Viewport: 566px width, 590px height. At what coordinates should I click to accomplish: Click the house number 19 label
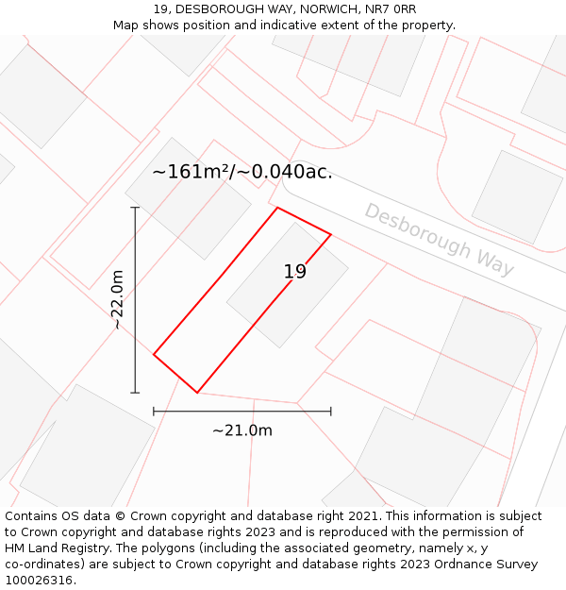point(295,272)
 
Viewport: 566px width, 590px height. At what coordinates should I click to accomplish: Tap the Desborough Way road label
point(440,240)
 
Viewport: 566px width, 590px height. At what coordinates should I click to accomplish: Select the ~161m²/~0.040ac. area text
point(242,172)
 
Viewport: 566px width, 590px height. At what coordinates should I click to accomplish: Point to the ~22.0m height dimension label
point(117,299)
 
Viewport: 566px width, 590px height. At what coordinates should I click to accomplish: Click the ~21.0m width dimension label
point(242,430)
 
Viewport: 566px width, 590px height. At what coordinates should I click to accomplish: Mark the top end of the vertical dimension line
point(135,208)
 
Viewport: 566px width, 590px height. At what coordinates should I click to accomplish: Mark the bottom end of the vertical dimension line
point(135,393)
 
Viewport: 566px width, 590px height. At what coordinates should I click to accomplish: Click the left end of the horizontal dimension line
point(154,412)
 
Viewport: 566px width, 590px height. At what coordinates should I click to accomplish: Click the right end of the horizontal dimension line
point(331,412)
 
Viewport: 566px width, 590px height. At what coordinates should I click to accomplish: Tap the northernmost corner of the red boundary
point(277,208)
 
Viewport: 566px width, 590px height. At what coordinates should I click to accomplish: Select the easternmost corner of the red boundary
point(331,233)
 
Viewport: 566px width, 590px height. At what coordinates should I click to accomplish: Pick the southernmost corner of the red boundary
point(197,393)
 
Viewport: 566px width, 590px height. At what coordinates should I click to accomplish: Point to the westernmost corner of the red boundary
point(154,355)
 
